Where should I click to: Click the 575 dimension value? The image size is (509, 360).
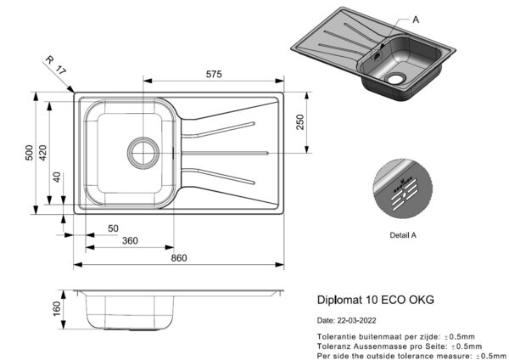pos(214,75)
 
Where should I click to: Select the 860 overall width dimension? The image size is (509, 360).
pos(179,258)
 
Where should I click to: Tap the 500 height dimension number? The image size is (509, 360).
pos(29,153)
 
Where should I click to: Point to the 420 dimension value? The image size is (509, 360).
pos(42,153)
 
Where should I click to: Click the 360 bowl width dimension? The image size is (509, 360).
pos(130,241)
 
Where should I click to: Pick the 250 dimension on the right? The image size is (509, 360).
pos(300,122)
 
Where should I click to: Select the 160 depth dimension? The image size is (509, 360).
pos(57,309)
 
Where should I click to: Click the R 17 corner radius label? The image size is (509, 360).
pos(55,65)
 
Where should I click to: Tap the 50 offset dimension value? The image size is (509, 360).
pos(113,228)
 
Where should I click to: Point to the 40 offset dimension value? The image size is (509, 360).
pos(57,177)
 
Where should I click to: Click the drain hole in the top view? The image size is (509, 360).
pos(143,153)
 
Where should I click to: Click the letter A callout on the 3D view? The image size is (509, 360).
pos(416,20)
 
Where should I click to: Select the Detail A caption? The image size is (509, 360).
pos(403,235)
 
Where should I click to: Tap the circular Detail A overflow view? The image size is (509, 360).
pos(402,188)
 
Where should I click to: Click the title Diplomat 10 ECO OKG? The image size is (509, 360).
pos(376,300)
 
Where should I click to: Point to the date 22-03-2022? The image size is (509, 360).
pos(357,320)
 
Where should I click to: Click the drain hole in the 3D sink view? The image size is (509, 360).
pos(395,78)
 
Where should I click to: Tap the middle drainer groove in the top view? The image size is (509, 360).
pos(225,153)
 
